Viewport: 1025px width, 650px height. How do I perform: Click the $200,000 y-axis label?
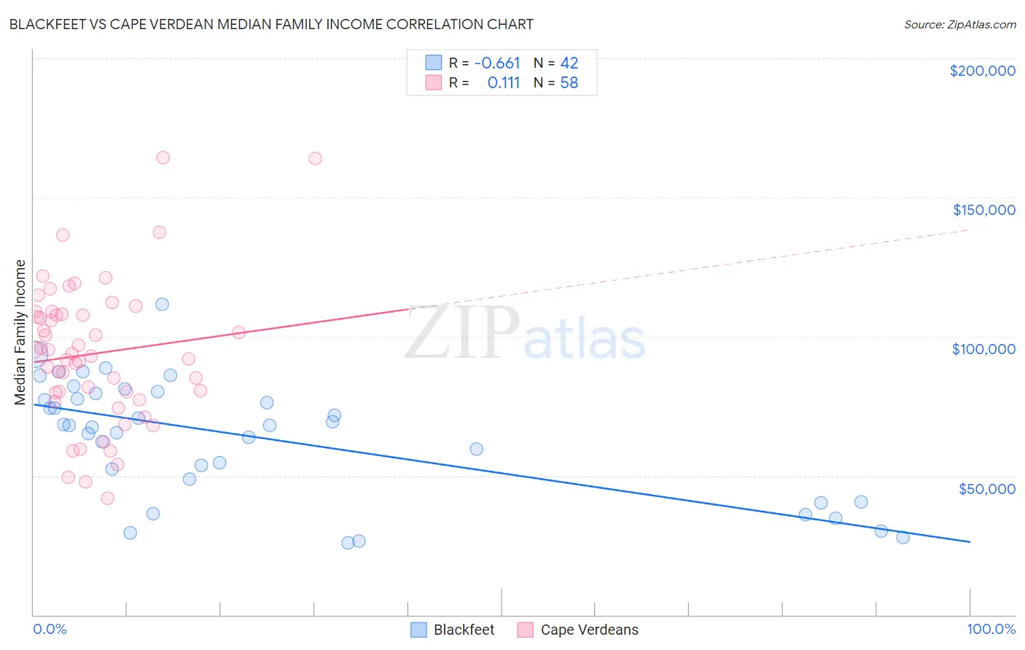(982, 71)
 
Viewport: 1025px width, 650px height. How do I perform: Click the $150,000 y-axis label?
(983, 210)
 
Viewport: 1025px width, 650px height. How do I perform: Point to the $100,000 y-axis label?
(983, 349)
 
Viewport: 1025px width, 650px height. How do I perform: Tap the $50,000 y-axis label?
(986, 489)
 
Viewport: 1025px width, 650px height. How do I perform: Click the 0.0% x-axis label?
(50, 629)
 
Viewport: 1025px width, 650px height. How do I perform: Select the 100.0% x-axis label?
(991, 629)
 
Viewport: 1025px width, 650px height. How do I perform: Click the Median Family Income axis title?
(20, 332)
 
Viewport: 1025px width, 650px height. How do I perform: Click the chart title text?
(271, 24)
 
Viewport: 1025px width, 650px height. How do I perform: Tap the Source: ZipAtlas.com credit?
(959, 24)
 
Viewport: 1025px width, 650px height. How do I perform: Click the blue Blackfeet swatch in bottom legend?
(418, 630)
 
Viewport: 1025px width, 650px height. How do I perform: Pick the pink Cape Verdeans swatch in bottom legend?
(526, 630)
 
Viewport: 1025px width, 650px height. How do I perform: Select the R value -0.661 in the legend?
(497, 63)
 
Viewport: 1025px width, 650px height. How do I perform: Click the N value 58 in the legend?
(569, 83)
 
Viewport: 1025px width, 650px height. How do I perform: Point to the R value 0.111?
(503, 83)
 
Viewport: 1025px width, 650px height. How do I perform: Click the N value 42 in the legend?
(569, 63)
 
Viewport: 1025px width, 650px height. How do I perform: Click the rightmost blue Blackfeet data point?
(903, 537)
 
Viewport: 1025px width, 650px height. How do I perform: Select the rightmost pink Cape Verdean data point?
(315, 158)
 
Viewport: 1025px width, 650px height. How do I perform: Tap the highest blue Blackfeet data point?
(162, 304)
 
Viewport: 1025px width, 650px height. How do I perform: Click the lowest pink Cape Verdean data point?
(107, 498)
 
